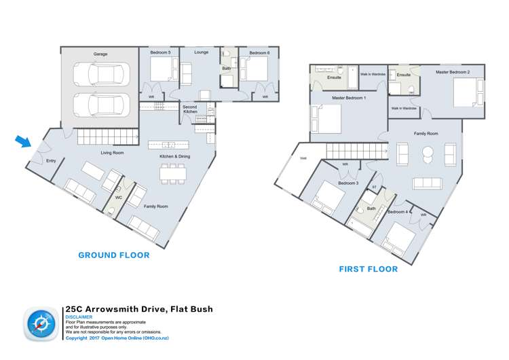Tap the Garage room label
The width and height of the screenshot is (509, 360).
pos(100,54)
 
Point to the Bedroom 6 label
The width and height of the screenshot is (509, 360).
pos(259,52)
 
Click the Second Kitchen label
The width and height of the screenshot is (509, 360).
pos(190,109)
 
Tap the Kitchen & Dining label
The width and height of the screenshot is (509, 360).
pos(174,156)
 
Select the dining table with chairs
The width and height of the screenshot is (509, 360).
pos(173,173)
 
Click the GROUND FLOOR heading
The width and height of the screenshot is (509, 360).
pos(113,255)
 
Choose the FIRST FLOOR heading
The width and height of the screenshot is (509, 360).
pos(368,269)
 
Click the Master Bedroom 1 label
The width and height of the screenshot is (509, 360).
pos(349,98)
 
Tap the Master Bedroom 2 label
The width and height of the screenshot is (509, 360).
pos(452,71)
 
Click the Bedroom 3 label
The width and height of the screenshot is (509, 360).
pos(348,183)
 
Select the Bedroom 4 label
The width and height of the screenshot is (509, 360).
pos(397,211)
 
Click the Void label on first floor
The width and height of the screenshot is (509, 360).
pos(302,158)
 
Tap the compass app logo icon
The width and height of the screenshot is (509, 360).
pos(41,325)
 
